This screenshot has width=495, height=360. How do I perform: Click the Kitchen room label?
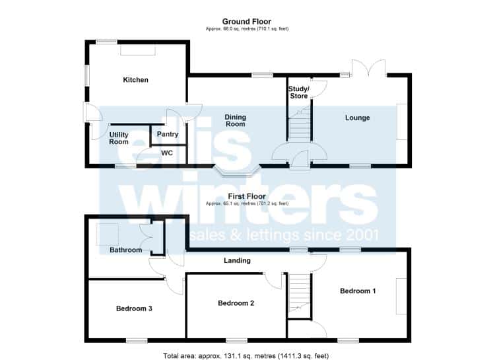pyautogui.click(x=135, y=80)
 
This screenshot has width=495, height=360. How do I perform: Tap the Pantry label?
pyautogui.click(x=168, y=134)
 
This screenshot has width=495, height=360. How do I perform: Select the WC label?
pyautogui.click(x=167, y=153)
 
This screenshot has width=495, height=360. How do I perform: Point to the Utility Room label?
pyautogui.click(x=119, y=138)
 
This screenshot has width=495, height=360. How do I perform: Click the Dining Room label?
pyautogui.click(x=235, y=120)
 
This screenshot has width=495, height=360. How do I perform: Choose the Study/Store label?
pyautogui.click(x=298, y=92)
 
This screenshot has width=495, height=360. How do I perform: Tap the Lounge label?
pyautogui.click(x=357, y=118)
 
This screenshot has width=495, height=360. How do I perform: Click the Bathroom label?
pyautogui.click(x=125, y=250)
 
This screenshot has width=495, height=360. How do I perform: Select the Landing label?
pyautogui.click(x=237, y=260)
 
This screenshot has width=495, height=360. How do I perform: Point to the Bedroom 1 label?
pyautogui.click(x=358, y=291)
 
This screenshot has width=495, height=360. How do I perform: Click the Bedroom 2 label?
pyautogui.click(x=236, y=303)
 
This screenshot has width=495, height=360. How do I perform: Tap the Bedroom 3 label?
pyautogui.click(x=134, y=308)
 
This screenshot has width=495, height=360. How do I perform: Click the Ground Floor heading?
pyautogui.click(x=247, y=22)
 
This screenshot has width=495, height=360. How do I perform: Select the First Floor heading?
pyautogui.click(x=247, y=196)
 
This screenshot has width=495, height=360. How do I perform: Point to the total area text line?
pyautogui.click(x=246, y=356)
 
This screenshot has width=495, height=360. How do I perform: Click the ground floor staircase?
pyautogui.click(x=299, y=125)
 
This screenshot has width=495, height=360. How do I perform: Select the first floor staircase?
pyautogui.click(x=299, y=293)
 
